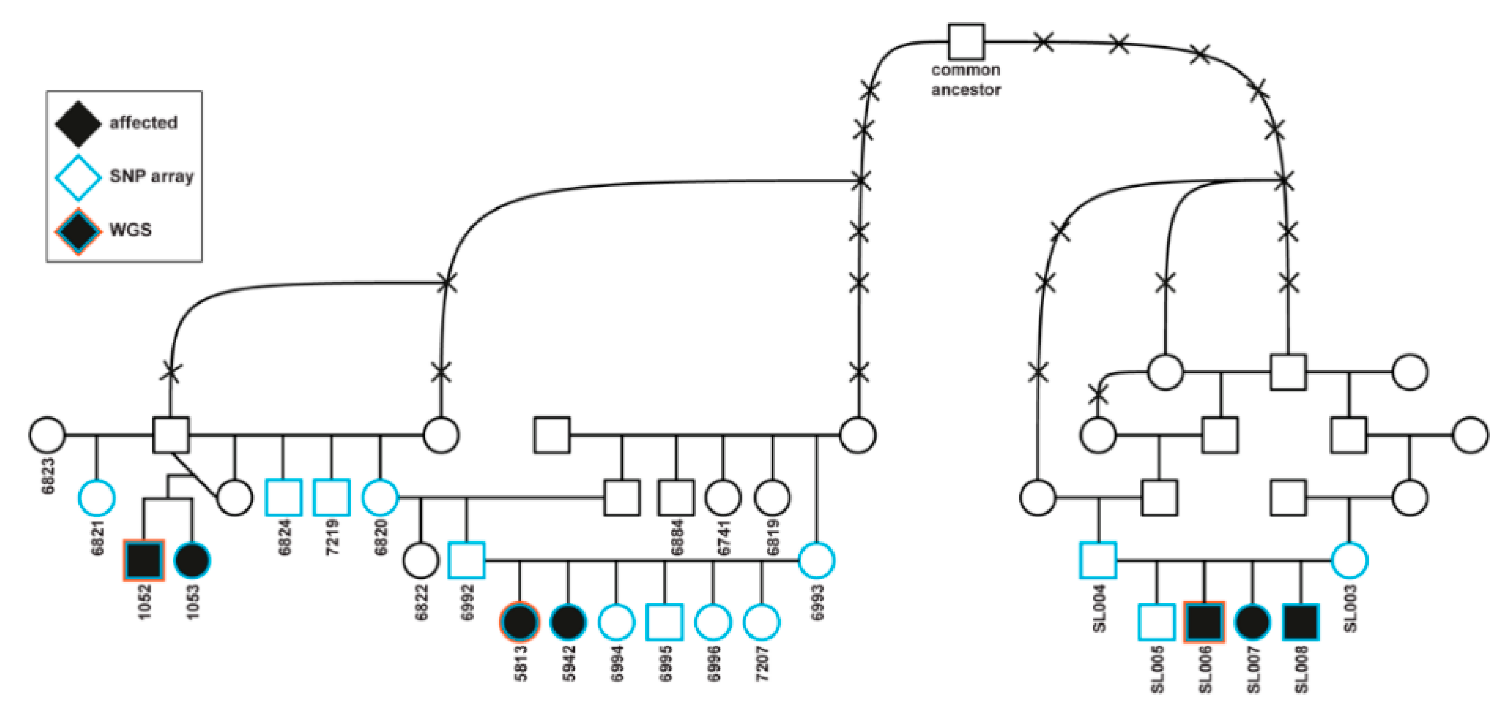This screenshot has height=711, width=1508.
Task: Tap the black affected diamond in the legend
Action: click(x=78, y=123)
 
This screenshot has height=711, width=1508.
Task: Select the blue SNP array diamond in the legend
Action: click(x=78, y=177)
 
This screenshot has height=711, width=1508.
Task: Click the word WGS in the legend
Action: click(x=130, y=230)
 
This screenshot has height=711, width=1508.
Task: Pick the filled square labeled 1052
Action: click(x=144, y=560)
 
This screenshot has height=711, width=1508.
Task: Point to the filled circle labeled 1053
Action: click(x=192, y=560)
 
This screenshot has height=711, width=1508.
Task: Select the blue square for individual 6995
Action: click(x=664, y=622)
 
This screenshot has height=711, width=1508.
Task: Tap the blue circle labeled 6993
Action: click(x=816, y=560)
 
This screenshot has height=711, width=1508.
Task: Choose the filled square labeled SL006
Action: click(x=1203, y=622)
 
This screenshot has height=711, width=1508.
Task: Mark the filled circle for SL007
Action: click(x=1252, y=622)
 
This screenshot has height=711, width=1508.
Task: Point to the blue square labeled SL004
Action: click(x=1098, y=560)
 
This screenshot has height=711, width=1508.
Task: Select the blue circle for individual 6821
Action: click(x=97, y=497)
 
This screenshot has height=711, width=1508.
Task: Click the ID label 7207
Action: click(x=762, y=664)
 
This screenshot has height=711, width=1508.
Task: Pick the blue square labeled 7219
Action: click(x=331, y=497)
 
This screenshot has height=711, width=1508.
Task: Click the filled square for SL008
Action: click(x=1300, y=622)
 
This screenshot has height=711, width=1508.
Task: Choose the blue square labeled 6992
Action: click(x=466, y=560)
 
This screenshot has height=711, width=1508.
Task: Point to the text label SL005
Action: click(x=1157, y=669)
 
